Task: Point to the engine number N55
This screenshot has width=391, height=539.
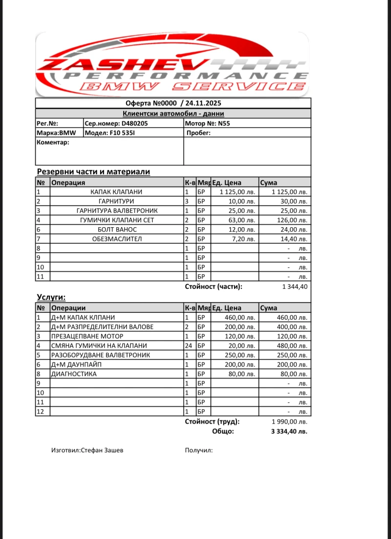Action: [x=224, y=123]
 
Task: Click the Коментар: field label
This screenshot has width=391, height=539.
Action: [x=53, y=142]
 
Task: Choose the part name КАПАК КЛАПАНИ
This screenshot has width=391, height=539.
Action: [x=116, y=192]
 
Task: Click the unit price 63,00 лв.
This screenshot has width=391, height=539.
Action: [x=241, y=220]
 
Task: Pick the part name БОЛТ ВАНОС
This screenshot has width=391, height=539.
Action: [x=116, y=229]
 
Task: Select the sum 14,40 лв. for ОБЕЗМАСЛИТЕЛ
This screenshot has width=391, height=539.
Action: [x=292, y=239]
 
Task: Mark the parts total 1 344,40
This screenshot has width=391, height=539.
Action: [x=295, y=286]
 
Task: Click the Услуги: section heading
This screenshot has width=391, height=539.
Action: [x=51, y=297]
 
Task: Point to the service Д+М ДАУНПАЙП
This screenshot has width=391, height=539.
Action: [x=76, y=364]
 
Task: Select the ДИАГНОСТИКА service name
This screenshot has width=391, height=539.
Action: [x=74, y=374]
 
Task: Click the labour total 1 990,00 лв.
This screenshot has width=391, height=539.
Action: [x=289, y=422]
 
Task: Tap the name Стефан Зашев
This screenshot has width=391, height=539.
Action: [x=106, y=450]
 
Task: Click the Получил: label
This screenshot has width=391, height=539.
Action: [x=198, y=450]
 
